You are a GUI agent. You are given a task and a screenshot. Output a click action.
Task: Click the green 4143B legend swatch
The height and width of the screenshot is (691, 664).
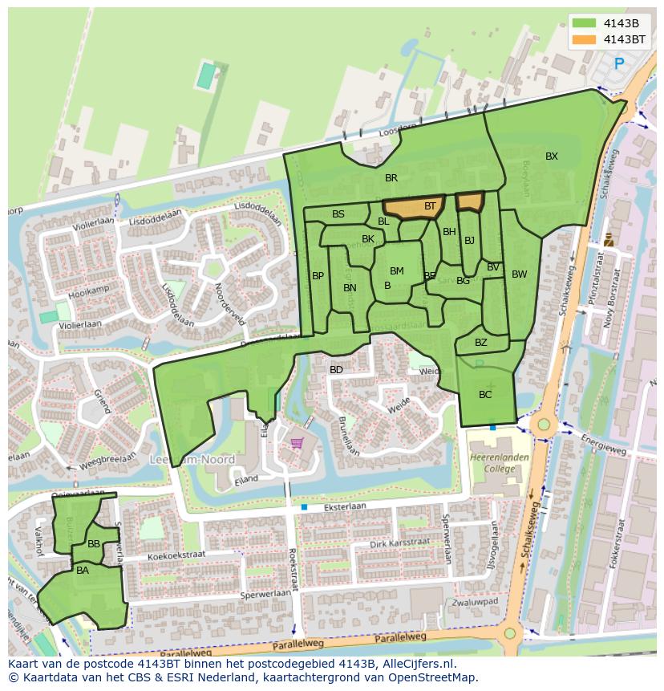click(x=585, y=23)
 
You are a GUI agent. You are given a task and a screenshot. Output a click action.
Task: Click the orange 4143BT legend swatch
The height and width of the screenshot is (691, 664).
click(x=585, y=39)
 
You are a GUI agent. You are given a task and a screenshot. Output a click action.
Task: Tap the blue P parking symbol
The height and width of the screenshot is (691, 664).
click(x=618, y=63)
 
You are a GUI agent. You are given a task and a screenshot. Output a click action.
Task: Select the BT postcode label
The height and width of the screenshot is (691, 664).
click(x=430, y=206)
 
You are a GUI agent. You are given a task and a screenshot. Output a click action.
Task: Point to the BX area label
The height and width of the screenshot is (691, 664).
click(x=552, y=156)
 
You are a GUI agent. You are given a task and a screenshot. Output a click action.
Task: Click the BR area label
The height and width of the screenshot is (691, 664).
click(x=391, y=178)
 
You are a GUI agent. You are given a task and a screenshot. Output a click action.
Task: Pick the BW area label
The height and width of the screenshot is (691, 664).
click(x=520, y=274)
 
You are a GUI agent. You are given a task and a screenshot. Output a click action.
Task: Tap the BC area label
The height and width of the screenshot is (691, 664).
click(x=485, y=395)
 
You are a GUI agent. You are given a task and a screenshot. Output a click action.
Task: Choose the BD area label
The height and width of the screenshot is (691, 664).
click(x=336, y=370)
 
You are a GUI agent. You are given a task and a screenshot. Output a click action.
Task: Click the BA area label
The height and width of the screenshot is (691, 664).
click(x=83, y=571)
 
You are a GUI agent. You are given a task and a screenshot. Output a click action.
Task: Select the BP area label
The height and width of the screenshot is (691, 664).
click(x=318, y=276)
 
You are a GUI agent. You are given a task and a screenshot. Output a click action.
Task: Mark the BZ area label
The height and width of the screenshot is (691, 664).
click(x=481, y=343)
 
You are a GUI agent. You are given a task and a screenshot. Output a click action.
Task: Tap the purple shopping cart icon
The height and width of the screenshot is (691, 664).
click(x=297, y=442)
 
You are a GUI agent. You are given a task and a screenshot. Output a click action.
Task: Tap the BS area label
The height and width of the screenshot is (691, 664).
click(x=338, y=214)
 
